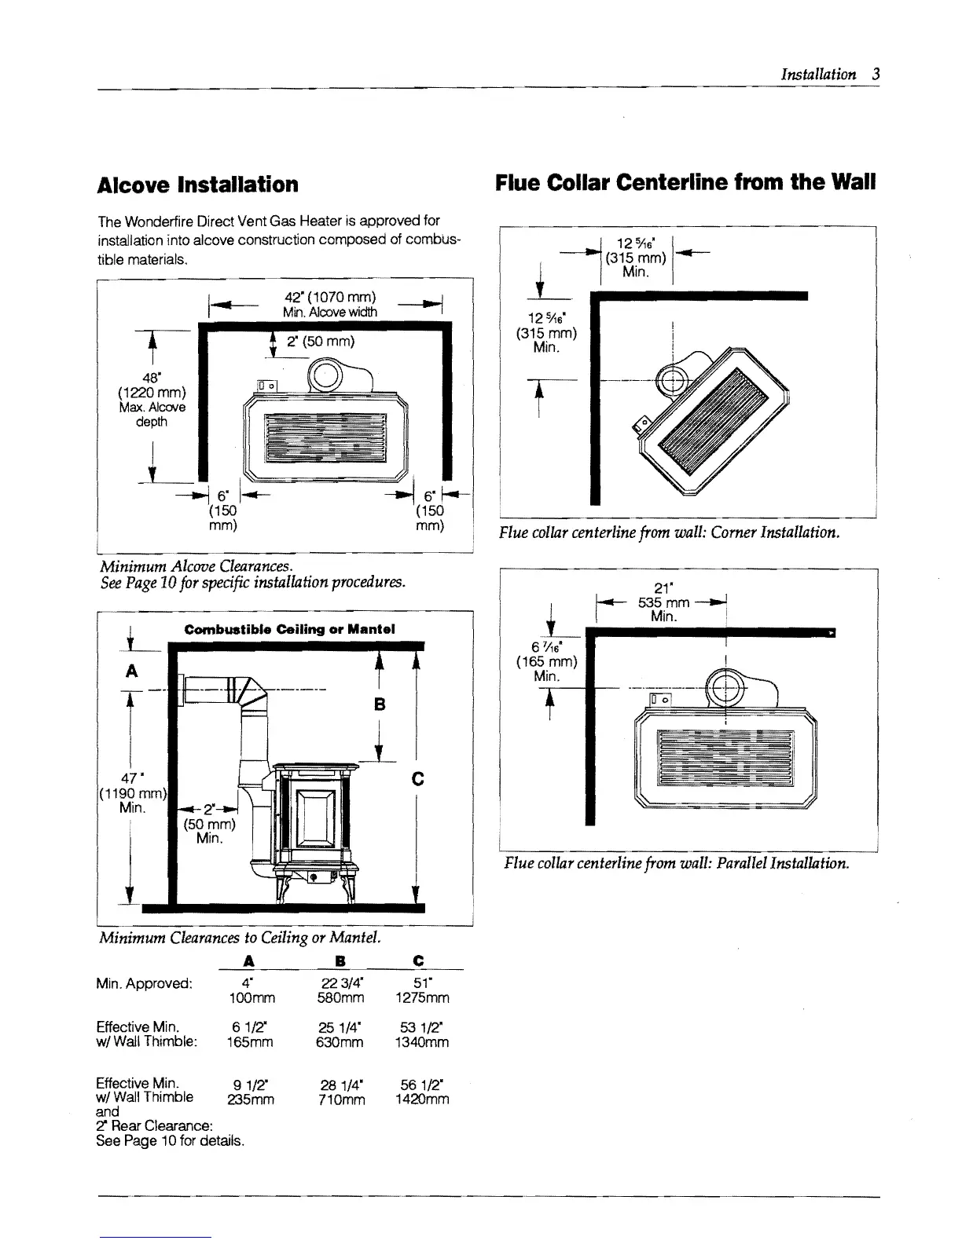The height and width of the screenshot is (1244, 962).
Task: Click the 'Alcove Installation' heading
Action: (197, 185)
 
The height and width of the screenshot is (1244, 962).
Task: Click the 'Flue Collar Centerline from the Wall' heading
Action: (685, 184)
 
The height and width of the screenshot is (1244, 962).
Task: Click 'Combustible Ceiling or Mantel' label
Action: (289, 629)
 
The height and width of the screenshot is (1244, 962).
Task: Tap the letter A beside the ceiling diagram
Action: (132, 671)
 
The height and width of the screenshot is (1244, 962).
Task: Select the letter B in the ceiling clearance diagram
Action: (380, 704)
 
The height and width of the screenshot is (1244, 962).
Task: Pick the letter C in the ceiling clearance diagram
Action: (417, 778)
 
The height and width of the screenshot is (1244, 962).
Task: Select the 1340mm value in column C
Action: (422, 1042)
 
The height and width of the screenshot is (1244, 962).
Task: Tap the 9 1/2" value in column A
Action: (249, 1086)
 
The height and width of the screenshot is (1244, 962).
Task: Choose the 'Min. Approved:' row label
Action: (144, 984)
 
